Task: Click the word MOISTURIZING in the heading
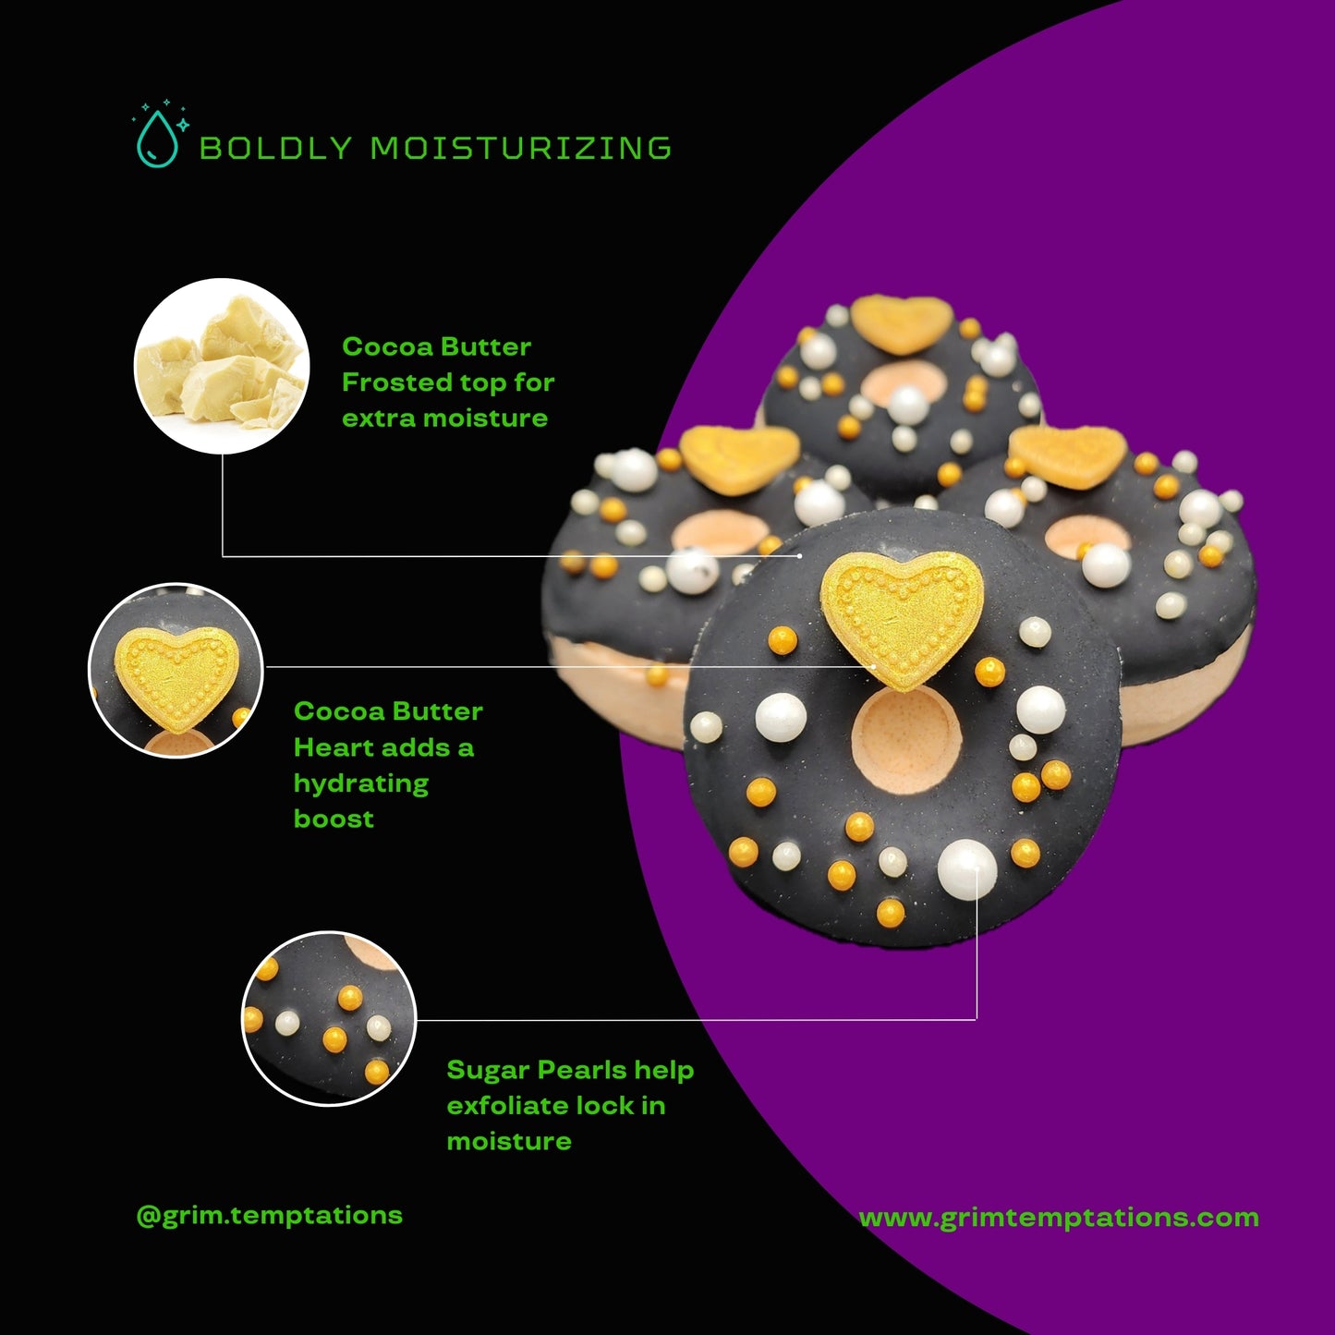pyautogui.click(x=521, y=148)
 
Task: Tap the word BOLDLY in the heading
pyautogui.click(x=275, y=148)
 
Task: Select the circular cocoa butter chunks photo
pyautogui.click(x=222, y=366)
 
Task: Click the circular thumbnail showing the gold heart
pyautogui.click(x=176, y=670)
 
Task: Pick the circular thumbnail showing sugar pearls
pyautogui.click(x=329, y=1018)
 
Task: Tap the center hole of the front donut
pyautogui.click(x=906, y=741)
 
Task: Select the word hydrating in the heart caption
pyautogui.click(x=361, y=783)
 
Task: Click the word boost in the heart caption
pyautogui.click(x=334, y=819)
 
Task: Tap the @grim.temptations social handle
pyautogui.click(x=270, y=1215)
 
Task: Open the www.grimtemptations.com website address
pyautogui.click(x=1059, y=1218)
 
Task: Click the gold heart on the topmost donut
pyautogui.click(x=901, y=323)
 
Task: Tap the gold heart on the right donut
pyautogui.click(x=1068, y=456)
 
